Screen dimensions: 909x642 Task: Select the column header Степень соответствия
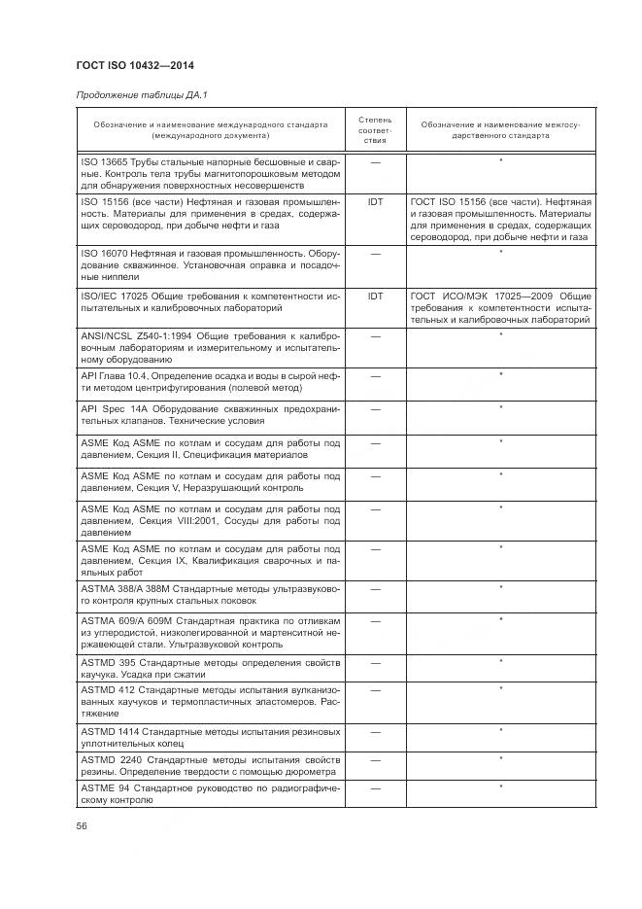(x=375, y=129)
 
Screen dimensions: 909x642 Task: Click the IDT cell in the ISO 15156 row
(x=375, y=202)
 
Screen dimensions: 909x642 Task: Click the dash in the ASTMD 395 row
(x=375, y=663)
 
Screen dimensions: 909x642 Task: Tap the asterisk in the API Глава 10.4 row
(x=500, y=374)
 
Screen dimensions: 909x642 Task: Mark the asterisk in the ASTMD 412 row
(x=500, y=689)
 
